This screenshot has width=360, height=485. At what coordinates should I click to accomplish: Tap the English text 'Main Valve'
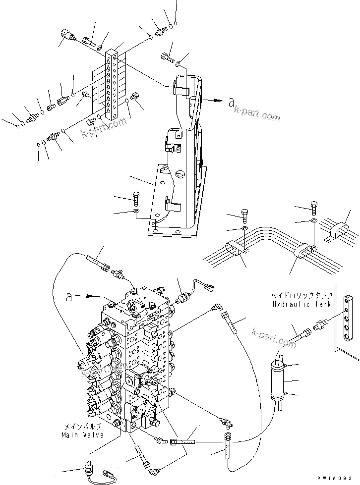82,435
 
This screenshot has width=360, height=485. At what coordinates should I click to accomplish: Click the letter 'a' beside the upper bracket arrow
231,103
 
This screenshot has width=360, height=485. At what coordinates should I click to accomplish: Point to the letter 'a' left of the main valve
70,297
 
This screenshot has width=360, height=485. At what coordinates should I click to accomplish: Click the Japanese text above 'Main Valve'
83,427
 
